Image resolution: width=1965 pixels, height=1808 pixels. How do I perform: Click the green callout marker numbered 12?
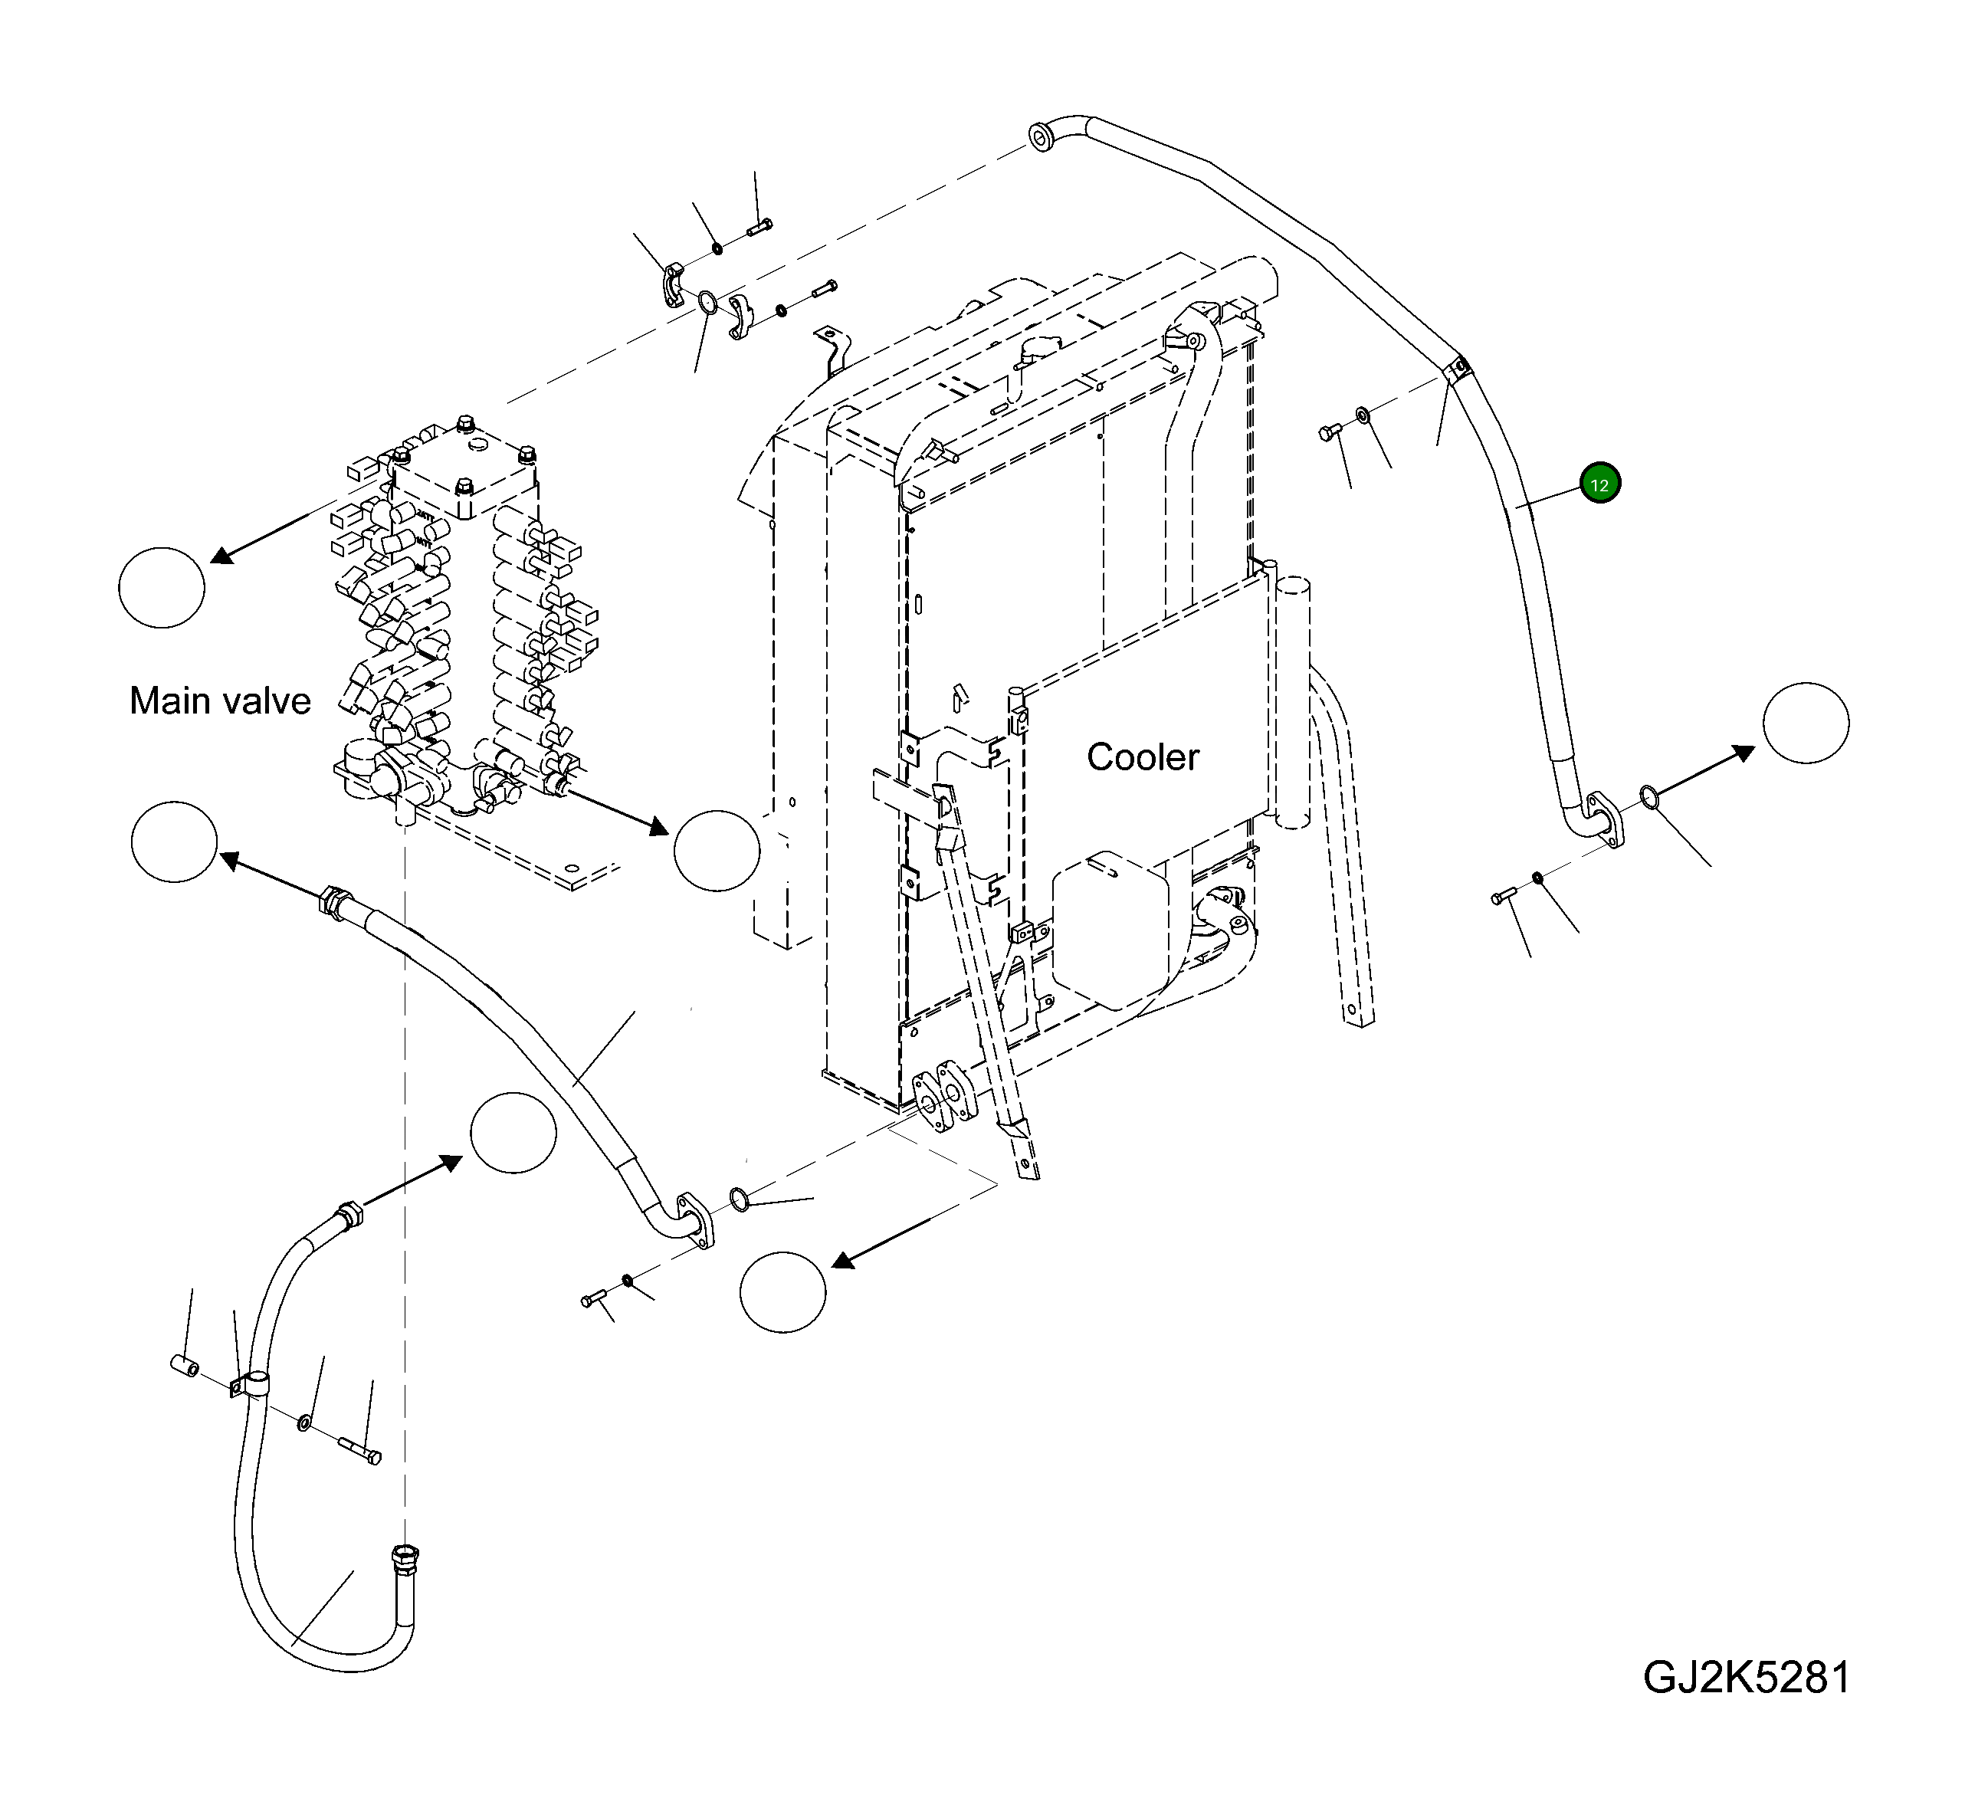1600,484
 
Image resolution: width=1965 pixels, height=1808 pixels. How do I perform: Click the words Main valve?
220,701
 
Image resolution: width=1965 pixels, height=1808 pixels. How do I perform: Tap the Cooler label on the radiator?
1143,756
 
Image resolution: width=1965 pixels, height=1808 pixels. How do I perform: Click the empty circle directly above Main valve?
162,587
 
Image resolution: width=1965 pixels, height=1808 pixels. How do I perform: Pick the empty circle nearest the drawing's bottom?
782,1291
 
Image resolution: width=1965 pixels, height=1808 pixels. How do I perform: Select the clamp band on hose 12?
1456,370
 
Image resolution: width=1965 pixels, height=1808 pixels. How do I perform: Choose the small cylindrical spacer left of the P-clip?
185,1366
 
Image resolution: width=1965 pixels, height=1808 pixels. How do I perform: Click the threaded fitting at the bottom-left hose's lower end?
404,1554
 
